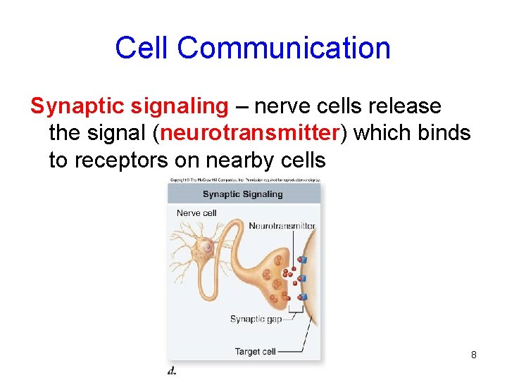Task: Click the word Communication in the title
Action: [284, 48]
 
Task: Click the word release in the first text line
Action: [404, 106]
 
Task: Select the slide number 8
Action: [474, 355]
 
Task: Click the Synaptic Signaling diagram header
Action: [242, 194]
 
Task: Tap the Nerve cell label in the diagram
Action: [196, 213]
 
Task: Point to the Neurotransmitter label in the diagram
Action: [282, 226]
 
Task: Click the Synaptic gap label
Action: [256, 319]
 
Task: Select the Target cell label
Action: [255, 351]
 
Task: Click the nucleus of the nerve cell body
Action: [208, 248]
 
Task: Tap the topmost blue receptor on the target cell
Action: [302, 260]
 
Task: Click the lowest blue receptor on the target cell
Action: [303, 297]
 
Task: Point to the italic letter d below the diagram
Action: [172, 370]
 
